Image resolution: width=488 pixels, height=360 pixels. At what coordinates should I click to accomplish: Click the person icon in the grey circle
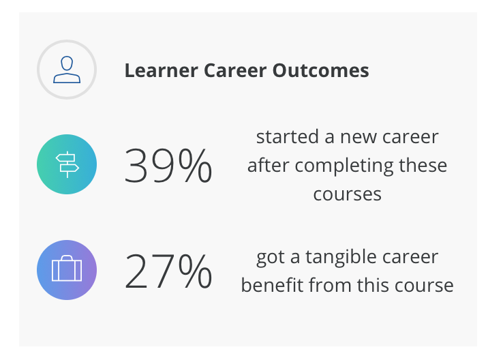pyautogui.click(x=67, y=70)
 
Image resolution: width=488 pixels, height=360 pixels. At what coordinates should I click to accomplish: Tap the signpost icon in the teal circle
pyautogui.click(x=67, y=165)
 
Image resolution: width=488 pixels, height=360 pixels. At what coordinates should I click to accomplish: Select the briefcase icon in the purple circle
pyautogui.click(x=67, y=270)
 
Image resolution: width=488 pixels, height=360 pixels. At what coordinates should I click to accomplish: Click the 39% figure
pyautogui.click(x=168, y=166)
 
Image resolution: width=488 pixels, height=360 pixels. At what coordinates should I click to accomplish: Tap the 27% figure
pyautogui.click(x=168, y=271)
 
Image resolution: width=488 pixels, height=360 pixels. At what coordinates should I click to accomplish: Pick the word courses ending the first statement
pyautogui.click(x=347, y=194)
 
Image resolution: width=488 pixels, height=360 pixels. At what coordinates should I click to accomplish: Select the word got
pyautogui.click(x=269, y=257)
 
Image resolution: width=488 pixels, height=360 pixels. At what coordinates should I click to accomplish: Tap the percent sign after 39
pyautogui.click(x=193, y=166)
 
